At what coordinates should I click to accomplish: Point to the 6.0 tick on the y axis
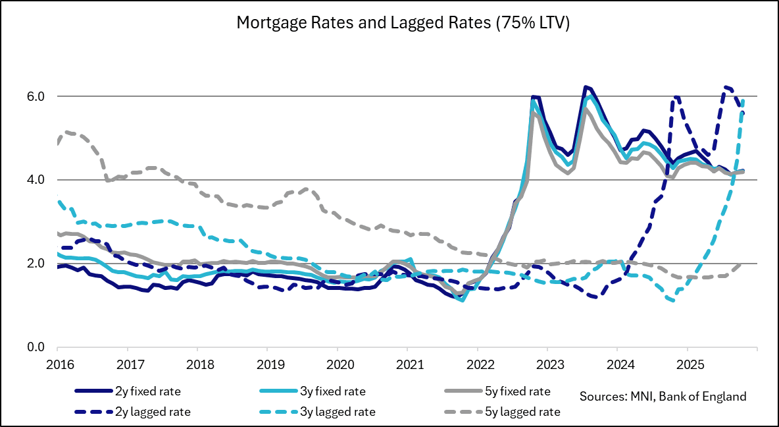[x=35, y=96]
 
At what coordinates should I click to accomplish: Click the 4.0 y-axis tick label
[x=35, y=180]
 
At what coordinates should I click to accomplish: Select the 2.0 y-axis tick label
[x=35, y=264]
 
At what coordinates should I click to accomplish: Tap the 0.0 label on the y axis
[x=35, y=347]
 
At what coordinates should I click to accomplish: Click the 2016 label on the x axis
[x=57, y=363]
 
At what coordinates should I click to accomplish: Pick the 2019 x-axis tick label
[x=266, y=363]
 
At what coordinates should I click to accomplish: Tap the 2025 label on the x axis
[x=687, y=363]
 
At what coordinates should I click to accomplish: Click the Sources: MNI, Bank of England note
[x=663, y=397]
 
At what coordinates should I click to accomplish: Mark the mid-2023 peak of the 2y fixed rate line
[x=584, y=87]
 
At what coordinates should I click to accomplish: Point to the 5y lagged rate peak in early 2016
[x=67, y=132]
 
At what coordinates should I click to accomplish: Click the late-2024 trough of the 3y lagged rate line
[x=672, y=301]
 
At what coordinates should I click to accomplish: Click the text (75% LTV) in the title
[x=530, y=24]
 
